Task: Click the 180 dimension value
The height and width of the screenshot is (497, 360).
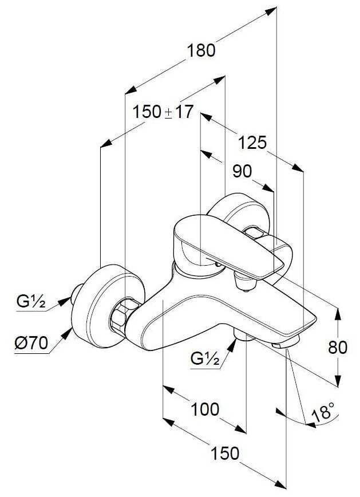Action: pos(201,50)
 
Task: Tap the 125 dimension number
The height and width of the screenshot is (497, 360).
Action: pos(252,142)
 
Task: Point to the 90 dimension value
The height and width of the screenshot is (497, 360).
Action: pos(242,171)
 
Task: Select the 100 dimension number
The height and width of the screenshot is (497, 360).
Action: pos(205,409)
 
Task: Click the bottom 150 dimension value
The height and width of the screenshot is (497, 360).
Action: pos(224,453)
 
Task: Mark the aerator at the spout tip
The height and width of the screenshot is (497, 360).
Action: pos(286,343)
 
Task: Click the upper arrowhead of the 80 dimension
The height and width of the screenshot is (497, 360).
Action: pos(339,312)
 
